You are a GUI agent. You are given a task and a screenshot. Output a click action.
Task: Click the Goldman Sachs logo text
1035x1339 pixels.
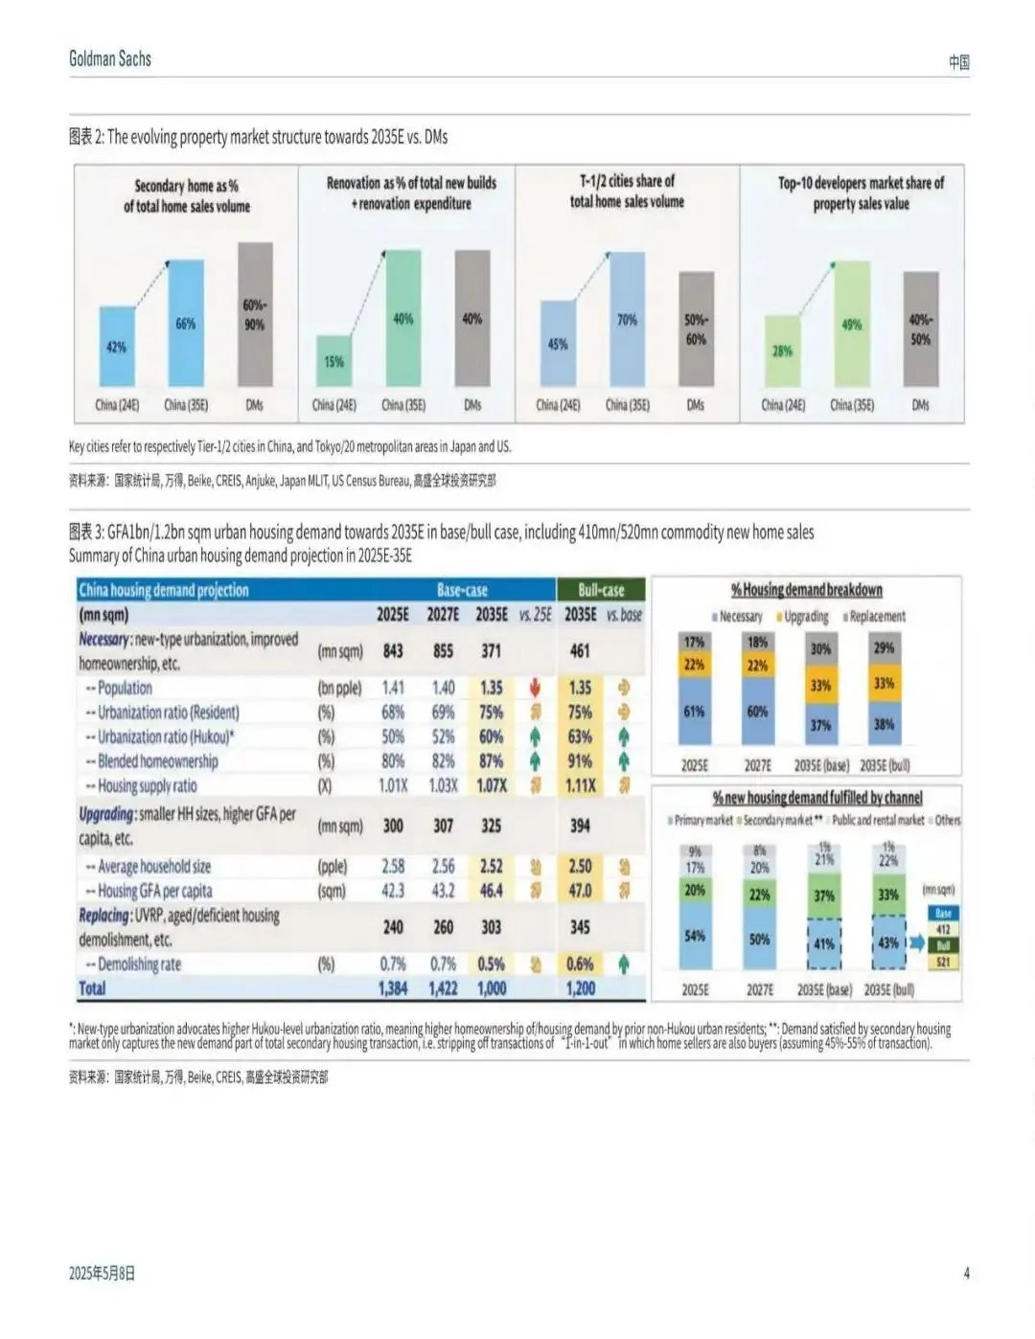(x=110, y=58)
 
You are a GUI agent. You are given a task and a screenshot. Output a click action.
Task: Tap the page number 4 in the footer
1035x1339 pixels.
(x=966, y=1273)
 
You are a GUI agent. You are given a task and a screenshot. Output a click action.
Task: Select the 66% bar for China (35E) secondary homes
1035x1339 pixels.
(x=186, y=324)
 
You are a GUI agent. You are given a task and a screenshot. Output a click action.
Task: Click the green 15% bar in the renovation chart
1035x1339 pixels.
(x=333, y=361)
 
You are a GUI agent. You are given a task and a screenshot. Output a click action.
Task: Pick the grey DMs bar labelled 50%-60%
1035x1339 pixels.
(x=696, y=329)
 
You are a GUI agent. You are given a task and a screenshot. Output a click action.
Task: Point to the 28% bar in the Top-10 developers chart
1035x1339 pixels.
(x=782, y=351)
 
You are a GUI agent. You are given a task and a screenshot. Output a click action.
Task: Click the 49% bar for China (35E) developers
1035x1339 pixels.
(x=851, y=324)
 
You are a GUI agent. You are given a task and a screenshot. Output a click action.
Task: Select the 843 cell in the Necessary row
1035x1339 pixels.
(x=393, y=650)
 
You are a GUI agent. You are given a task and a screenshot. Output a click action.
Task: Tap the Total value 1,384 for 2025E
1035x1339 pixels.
(x=393, y=988)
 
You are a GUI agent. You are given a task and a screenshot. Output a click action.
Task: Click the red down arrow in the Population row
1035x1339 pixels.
(x=535, y=687)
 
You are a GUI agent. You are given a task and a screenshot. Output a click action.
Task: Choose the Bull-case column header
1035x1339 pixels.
(x=601, y=590)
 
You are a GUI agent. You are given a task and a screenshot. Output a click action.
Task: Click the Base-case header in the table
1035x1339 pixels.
(x=462, y=590)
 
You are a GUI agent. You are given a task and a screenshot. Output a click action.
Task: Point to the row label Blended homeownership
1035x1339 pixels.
(x=157, y=761)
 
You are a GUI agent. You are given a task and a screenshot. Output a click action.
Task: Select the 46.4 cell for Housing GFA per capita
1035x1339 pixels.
(x=491, y=891)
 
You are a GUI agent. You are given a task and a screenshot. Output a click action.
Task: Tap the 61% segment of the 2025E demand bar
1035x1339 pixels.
(x=694, y=712)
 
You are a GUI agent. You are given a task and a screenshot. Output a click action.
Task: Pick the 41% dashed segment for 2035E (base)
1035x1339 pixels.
(x=824, y=943)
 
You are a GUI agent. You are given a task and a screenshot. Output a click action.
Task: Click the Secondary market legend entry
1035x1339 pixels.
(x=777, y=820)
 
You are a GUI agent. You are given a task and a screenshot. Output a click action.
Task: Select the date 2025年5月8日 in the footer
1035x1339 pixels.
(x=102, y=1273)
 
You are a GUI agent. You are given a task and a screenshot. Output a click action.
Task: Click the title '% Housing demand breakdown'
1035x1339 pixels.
(x=806, y=590)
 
